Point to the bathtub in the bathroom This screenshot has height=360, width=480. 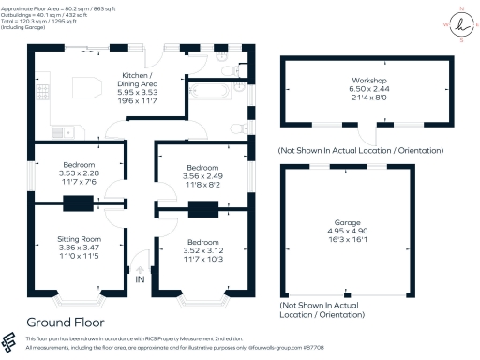pyautogui.click(x=209, y=92)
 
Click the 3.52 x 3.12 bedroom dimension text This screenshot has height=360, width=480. pyautogui.click(x=190, y=249)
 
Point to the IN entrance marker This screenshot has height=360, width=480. pyautogui.click(x=140, y=278)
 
